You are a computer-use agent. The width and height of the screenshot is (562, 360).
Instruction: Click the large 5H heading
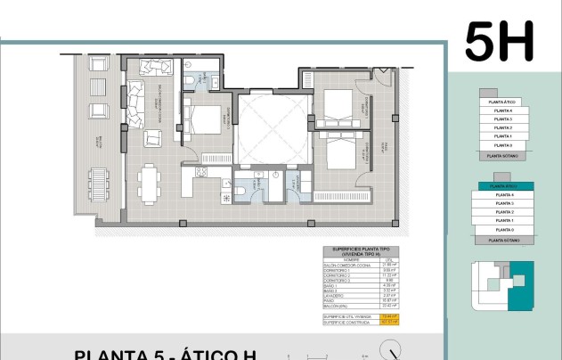499,41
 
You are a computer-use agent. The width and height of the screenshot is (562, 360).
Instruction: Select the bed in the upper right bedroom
340,110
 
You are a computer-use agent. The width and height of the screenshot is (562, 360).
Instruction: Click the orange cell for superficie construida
387,323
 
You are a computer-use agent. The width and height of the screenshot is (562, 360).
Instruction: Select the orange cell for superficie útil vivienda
387,316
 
